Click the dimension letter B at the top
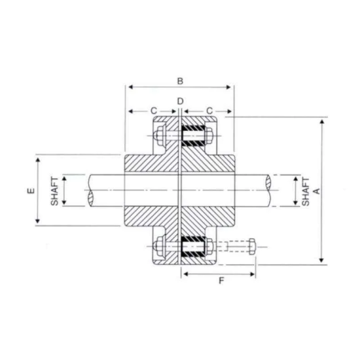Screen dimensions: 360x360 tap(180, 81)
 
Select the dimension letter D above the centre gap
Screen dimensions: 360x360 tap(180, 101)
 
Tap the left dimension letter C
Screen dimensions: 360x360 tap(154, 111)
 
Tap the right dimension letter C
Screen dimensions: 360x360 tap(209, 111)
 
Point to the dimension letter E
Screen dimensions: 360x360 tap(31, 190)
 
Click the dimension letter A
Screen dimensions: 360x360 tap(317, 191)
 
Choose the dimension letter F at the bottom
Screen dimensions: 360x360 tap(221, 281)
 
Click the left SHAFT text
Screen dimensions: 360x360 tap(54, 191)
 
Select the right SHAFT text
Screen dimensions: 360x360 tap(306, 192)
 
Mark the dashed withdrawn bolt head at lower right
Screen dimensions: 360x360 tap(252, 247)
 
